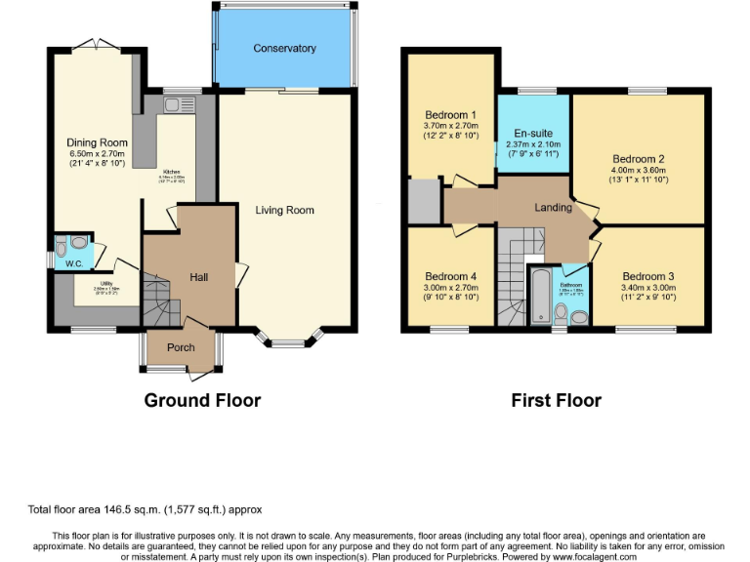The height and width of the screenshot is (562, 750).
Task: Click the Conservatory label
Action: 284,48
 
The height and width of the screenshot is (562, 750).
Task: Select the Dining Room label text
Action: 96,142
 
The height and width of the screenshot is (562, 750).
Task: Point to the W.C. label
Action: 73,263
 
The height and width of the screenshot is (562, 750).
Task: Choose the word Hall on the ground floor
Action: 198,278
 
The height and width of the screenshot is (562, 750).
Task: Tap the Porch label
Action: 181,347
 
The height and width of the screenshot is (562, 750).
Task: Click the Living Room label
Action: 284,210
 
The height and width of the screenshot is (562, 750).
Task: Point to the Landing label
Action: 553,208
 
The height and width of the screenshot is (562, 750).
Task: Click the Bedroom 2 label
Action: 639,159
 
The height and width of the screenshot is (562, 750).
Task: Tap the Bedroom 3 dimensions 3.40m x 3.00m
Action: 647,289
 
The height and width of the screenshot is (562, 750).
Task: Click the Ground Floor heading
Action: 202,400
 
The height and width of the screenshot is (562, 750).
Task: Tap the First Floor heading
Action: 557,400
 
